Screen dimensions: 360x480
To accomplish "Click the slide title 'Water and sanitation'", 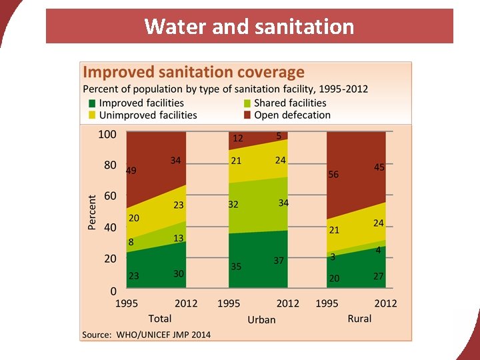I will click(x=249, y=27).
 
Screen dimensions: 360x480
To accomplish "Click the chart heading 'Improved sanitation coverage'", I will click(x=193, y=72).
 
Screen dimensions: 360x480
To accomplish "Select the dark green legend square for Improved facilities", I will click(x=93, y=103).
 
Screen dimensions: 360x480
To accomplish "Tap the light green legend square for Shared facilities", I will click(x=247, y=103).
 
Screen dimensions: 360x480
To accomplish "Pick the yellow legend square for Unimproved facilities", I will click(x=93, y=115).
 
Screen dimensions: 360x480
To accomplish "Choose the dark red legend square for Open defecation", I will click(x=247, y=115).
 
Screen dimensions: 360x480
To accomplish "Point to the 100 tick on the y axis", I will click(x=107, y=134).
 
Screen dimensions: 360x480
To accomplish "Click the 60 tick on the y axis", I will click(x=110, y=196).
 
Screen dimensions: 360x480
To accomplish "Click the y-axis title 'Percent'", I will click(x=92, y=212).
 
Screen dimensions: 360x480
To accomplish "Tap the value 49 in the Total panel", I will click(x=131, y=171).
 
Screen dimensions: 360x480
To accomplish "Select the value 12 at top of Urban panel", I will click(x=237, y=139).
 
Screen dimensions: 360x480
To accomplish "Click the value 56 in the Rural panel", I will click(x=333, y=175).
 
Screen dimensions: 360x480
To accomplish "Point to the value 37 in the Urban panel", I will click(x=279, y=261).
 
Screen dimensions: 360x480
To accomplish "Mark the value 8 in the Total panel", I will click(x=131, y=242).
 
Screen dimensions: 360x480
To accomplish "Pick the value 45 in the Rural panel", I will click(x=379, y=168).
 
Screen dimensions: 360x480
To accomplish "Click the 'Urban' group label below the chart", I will click(x=261, y=319).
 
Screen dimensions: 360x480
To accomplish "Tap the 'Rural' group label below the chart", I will click(x=359, y=319).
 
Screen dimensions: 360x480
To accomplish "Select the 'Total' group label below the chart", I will click(x=159, y=319).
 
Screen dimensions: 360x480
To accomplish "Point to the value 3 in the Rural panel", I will click(x=332, y=257).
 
